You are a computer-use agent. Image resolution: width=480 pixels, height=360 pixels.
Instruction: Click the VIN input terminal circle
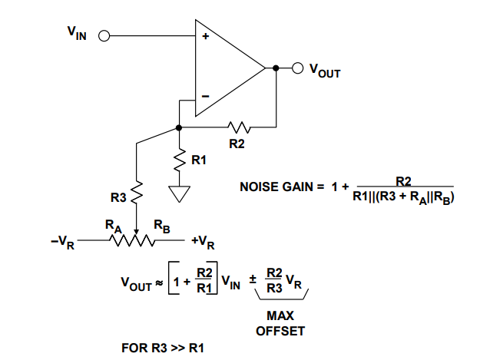(x=104, y=35)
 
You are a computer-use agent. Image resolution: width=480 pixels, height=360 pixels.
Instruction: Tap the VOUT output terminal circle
(x=297, y=68)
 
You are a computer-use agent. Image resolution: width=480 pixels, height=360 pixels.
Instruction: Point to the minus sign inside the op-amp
(x=205, y=96)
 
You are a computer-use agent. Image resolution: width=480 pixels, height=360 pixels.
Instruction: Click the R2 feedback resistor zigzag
(x=238, y=126)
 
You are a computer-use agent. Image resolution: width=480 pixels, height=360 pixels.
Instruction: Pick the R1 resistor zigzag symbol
(x=179, y=160)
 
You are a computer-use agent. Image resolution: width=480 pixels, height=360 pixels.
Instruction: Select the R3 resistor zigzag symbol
(x=136, y=193)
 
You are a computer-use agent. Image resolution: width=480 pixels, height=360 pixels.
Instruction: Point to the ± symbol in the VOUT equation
(x=251, y=282)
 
